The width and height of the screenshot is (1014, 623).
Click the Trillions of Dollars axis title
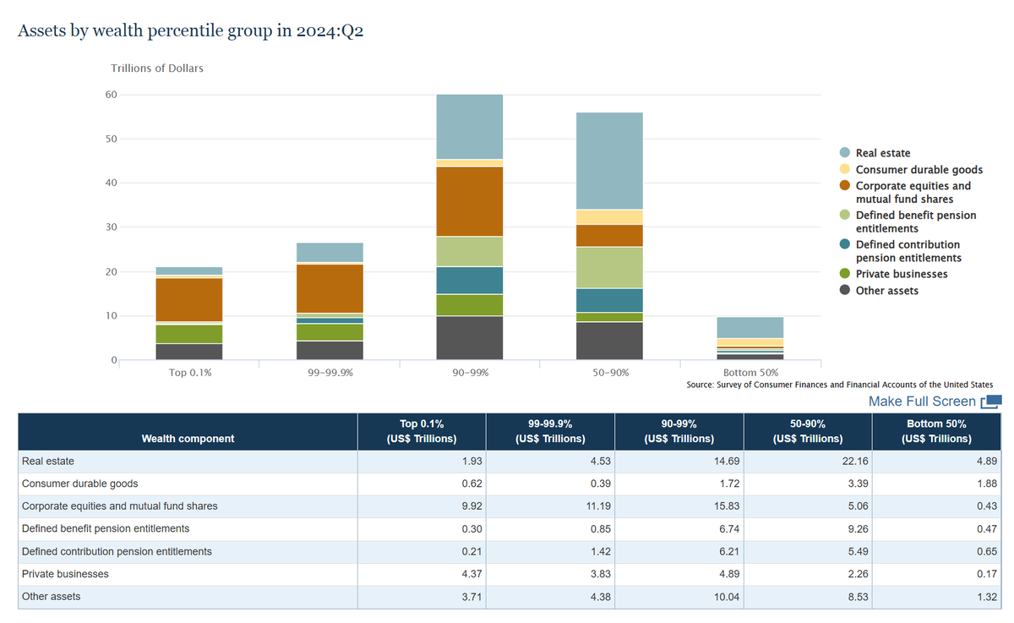(157, 68)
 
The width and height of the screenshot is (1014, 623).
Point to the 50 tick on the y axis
(111, 139)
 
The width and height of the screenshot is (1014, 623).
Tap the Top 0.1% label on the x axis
(188, 373)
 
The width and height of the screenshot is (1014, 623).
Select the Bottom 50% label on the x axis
(750, 373)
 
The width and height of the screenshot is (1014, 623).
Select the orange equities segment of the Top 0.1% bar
(188, 299)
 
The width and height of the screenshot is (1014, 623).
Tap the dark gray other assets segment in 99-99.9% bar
(329, 351)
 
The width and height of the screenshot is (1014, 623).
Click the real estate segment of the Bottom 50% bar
(750, 327)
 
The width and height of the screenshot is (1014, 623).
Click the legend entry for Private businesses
(902, 274)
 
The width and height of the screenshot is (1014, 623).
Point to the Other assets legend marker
(844, 291)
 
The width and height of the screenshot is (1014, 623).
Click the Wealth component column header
(188, 439)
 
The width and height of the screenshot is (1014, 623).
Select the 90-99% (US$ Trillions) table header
(679, 431)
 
